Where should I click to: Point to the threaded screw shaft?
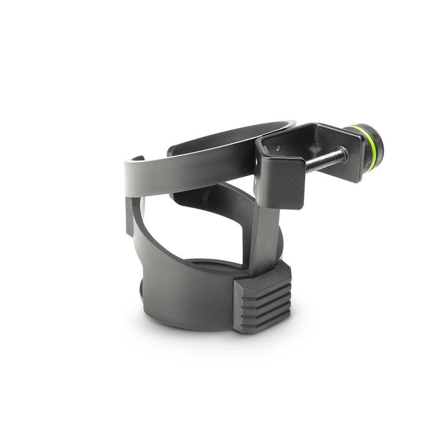coord(326,160)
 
